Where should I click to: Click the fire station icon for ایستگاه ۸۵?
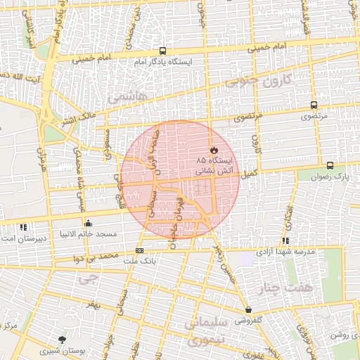(214, 150)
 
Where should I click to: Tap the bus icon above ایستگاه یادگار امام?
(163, 51)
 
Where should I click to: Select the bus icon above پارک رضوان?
(329, 164)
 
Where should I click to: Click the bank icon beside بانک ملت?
(139, 250)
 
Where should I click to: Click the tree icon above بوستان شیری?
(63, 340)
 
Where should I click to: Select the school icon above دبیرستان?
(23, 226)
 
